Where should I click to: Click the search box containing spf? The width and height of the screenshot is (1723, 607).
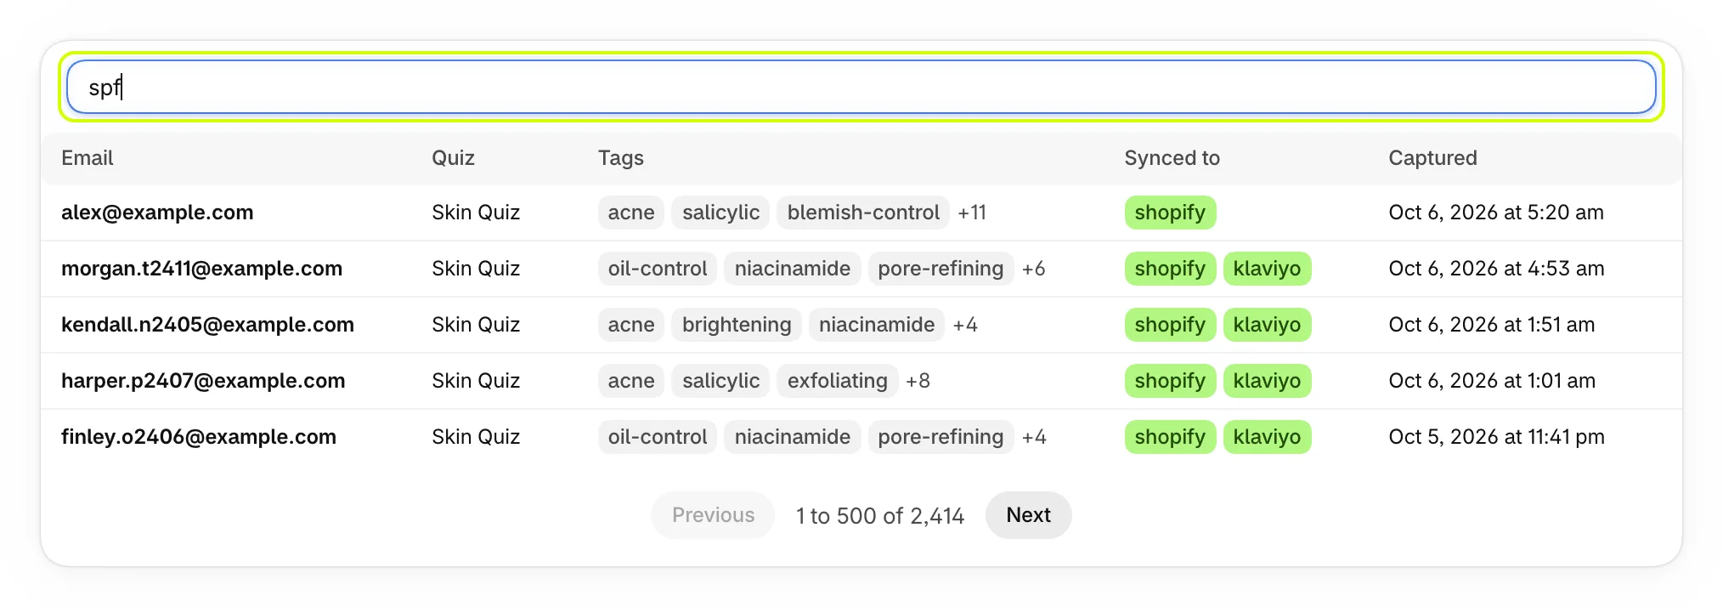861,87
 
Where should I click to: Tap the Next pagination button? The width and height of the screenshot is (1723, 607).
1028,515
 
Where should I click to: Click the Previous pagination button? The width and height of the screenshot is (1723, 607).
713,515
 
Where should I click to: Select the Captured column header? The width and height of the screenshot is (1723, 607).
1432,158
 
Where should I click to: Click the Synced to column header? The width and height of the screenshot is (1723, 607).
1172,158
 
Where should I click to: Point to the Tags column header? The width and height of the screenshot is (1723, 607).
621,158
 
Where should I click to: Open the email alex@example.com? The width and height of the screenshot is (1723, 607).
157,213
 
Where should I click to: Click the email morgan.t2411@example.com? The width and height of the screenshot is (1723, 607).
201,269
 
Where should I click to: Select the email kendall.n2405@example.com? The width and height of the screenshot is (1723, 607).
207,325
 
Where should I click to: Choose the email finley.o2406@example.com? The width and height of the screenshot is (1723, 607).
199,437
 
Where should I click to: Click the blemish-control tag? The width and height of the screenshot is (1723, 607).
863,213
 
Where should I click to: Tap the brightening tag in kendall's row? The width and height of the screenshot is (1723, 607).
737,325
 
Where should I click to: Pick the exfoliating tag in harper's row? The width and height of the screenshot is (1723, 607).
837,381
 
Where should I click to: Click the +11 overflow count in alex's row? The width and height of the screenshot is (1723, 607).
972,213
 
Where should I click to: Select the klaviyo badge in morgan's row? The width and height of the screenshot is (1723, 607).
1267,269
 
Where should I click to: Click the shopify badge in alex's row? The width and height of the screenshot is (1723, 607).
1170,213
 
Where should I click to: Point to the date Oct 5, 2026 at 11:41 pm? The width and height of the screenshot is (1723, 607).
1496,437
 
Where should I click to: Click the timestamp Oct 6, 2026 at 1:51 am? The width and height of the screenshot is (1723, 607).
1491,325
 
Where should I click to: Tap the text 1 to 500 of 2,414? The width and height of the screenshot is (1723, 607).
880,516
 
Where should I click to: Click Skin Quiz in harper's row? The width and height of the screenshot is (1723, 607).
476,381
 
